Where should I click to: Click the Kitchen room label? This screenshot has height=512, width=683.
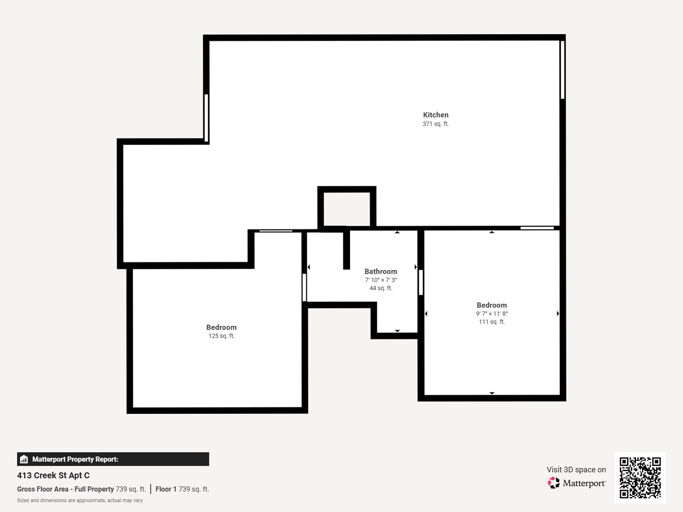pyautogui.click(x=435, y=115)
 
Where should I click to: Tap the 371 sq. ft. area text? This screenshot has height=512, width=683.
pyautogui.click(x=435, y=124)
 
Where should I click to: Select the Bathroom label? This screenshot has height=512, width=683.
pyautogui.click(x=381, y=271)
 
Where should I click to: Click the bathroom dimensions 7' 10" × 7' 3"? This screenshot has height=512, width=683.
pyautogui.click(x=381, y=280)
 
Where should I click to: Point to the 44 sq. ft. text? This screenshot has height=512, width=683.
pyautogui.click(x=381, y=288)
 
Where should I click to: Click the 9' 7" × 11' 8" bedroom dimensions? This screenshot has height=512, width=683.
pyautogui.click(x=492, y=314)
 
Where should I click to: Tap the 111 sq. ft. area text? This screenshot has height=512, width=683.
pyautogui.click(x=492, y=322)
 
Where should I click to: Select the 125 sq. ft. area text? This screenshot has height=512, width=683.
pyautogui.click(x=222, y=336)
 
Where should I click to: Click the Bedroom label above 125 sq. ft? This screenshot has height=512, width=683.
pyautogui.click(x=222, y=327)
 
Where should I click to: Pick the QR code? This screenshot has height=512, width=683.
pyautogui.click(x=640, y=477)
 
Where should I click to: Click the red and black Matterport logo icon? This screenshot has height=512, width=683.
pyautogui.click(x=554, y=483)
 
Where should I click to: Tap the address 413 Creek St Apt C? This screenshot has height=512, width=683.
pyautogui.click(x=53, y=475)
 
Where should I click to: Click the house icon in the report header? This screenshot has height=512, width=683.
pyautogui.click(x=24, y=459)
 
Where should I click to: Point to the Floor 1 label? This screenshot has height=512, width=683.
pyautogui.click(x=166, y=489)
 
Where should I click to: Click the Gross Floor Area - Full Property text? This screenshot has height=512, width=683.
pyautogui.click(x=65, y=489)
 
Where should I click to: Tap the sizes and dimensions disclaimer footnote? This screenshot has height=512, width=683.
pyautogui.click(x=80, y=501)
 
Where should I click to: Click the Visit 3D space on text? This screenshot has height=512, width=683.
pyautogui.click(x=576, y=470)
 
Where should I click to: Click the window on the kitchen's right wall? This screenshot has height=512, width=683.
pyautogui.click(x=563, y=70)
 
